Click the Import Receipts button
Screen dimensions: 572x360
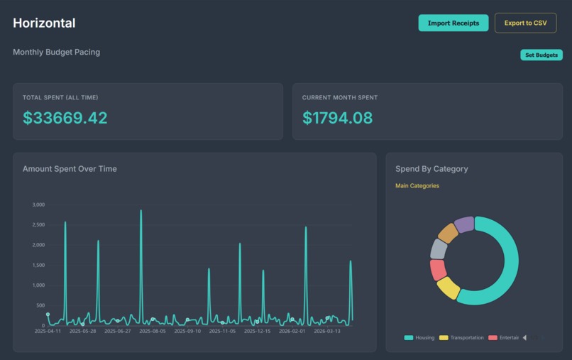click(x=453, y=23)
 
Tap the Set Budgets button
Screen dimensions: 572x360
click(x=541, y=55)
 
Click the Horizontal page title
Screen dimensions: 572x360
click(x=44, y=23)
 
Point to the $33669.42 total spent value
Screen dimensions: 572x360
click(x=65, y=118)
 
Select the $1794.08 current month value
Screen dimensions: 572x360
click(x=337, y=118)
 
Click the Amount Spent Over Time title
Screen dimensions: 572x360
click(x=70, y=169)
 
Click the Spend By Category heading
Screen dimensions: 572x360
click(x=431, y=169)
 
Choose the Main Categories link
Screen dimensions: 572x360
click(x=417, y=185)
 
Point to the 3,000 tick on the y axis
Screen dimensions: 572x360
click(x=38, y=204)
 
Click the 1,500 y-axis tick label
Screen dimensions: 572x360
click(x=38, y=265)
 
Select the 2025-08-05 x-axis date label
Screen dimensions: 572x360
click(x=153, y=331)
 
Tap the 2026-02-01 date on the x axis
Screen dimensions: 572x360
click(x=292, y=331)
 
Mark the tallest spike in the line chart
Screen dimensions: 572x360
click(x=141, y=210)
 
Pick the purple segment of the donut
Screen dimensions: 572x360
click(x=464, y=224)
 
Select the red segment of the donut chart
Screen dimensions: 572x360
click(x=438, y=270)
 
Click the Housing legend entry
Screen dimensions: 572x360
click(x=419, y=338)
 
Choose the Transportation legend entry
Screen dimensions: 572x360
click(x=461, y=338)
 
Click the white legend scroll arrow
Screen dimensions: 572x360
click(x=524, y=338)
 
